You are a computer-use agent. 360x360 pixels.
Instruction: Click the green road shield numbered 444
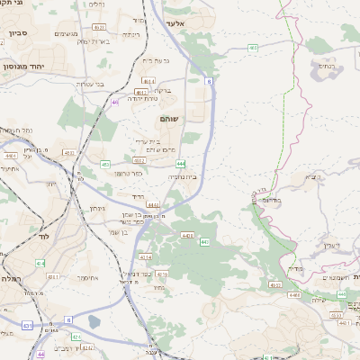181,164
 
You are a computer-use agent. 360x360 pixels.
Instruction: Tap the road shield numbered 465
253,49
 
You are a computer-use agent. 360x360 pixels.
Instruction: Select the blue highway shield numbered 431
29,326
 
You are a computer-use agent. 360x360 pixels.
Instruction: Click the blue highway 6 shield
209,82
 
